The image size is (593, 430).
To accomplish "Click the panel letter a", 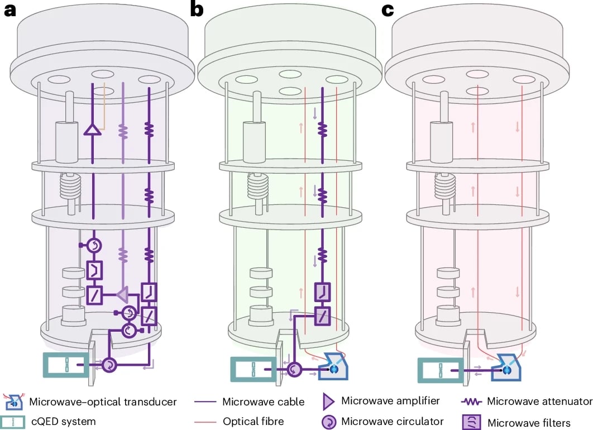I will coord(10,10).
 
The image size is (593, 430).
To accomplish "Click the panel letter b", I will coord(197,10).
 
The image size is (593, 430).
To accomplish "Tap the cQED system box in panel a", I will coord(66,365).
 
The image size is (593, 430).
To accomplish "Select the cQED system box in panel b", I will coord(253,369).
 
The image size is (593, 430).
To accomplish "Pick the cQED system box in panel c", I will coord(441,369).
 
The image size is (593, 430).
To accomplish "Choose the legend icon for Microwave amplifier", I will coord(329,400).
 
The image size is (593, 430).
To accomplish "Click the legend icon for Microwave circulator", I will coord(329,421).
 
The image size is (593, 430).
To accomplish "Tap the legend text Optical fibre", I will coord(253,421).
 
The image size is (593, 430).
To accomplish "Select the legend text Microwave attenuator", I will coord(539,401).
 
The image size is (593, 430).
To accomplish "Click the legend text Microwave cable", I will coord(264,402).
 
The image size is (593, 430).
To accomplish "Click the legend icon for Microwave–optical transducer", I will coord(12,401).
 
